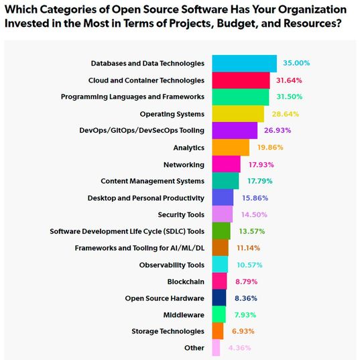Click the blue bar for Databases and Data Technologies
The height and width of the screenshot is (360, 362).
(x=244, y=63)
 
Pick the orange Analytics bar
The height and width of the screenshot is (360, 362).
(x=231, y=147)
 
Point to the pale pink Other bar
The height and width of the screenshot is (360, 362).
(x=216, y=348)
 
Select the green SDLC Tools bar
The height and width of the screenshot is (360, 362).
(x=222, y=231)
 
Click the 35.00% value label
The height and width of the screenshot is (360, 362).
(x=296, y=63)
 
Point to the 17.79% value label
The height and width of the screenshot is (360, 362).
(x=257, y=180)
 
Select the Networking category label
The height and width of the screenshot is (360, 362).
(x=184, y=164)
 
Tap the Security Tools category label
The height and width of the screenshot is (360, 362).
(x=181, y=214)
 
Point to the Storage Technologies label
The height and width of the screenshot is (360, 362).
(x=168, y=331)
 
